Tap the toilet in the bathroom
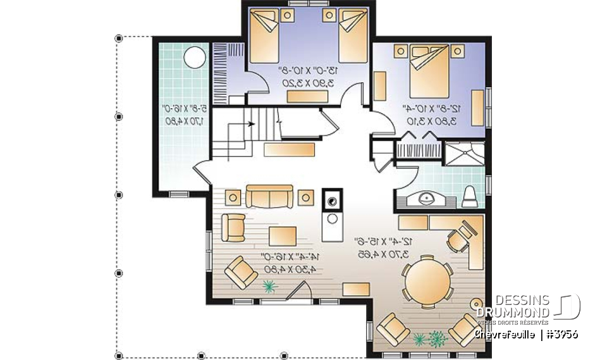coord(470,197)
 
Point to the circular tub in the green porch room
coord(195,59)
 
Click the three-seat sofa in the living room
coord(269,197)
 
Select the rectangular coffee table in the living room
coord(283,235)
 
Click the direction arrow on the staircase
coord(252,124)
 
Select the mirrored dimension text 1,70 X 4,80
coord(178,120)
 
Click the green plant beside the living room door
coord(270,287)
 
